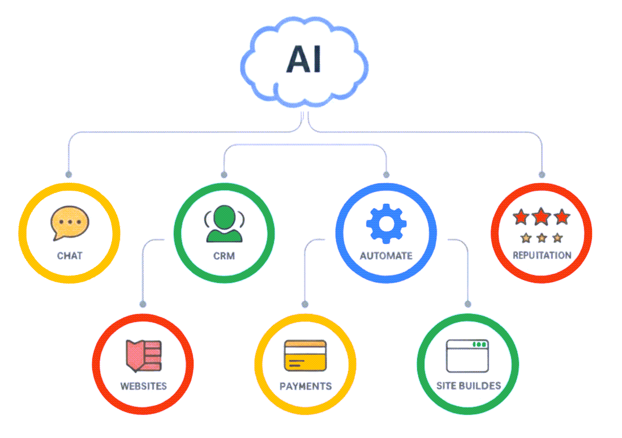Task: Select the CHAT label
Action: (x=70, y=256)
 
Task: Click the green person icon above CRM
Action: (x=224, y=223)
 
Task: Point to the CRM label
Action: (x=224, y=256)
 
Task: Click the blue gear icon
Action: (x=386, y=222)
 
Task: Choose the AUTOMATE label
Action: (x=386, y=256)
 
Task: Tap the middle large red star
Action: (x=542, y=216)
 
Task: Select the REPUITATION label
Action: (x=542, y=255)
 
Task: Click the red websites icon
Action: (x=143, y=356)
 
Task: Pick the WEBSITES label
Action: (x=143, y=387)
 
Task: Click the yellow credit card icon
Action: (x=305, y=355)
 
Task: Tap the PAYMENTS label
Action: (x=305, y=387)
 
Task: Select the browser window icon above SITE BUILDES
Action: (x=467, y=355)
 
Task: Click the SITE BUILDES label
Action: (x=468, y=386)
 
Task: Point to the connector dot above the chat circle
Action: (x=68, y=174)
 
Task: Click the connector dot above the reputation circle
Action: (x=542, y=174)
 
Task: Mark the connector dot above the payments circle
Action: (x=305, y=304)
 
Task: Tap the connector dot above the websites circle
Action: (x=143, y=304)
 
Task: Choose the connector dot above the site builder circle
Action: (x=467, y=304)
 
